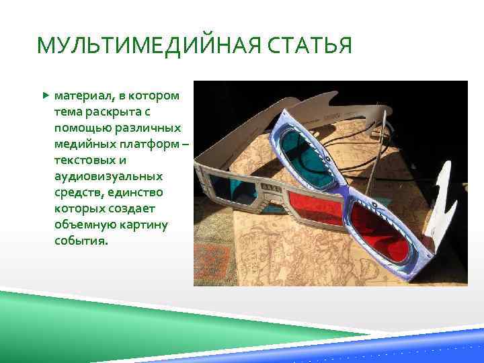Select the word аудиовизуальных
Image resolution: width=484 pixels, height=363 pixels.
tap(108, 176)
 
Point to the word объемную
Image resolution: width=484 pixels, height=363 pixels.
tap(84, 225)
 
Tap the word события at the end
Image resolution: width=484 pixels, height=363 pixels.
tap(80, 241)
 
